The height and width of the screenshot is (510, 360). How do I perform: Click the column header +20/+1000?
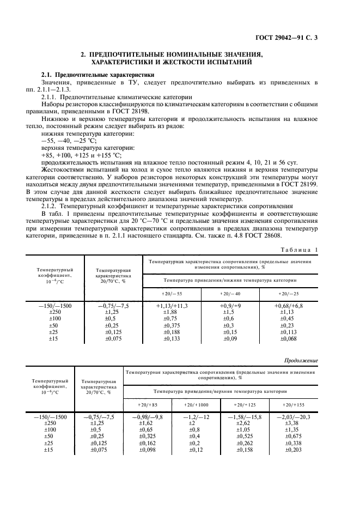tap(195, 405)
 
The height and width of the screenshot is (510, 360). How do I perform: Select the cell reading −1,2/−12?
tap(196, 417)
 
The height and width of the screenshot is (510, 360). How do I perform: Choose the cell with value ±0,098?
tap(148, 450)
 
